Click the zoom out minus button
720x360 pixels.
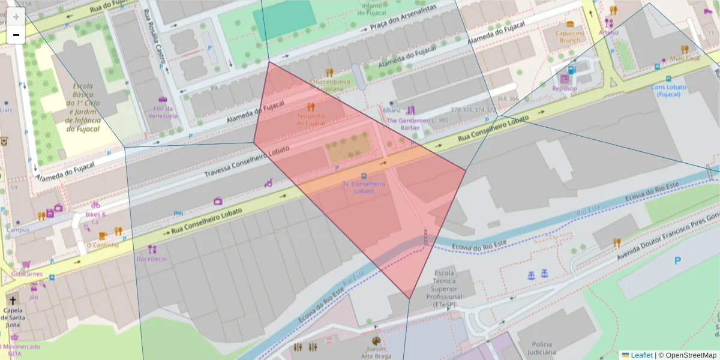coord(16,35)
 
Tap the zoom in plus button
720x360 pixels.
coord(16,17)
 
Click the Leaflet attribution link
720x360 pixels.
coord(641,355)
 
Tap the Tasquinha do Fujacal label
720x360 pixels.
coord(311,119)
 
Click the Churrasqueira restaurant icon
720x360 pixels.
coord(329,73)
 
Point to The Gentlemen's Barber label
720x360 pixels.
coord(410,124)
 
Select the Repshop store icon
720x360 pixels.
coord(564,79)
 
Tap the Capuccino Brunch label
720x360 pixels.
coord(569,37)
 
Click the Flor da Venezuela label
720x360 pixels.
coord(163,112)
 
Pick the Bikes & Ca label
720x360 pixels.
coord(95,218)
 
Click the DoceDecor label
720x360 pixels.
coord(152,259)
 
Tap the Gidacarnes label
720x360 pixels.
coord(26,274)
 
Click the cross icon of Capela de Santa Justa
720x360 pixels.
coord(13,299)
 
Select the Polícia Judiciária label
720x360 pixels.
coord(542,348)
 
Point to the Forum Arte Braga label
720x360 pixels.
coord(376,352)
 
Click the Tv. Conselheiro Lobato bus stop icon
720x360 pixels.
coord(364,176)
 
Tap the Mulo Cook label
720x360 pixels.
coord(685,59)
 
